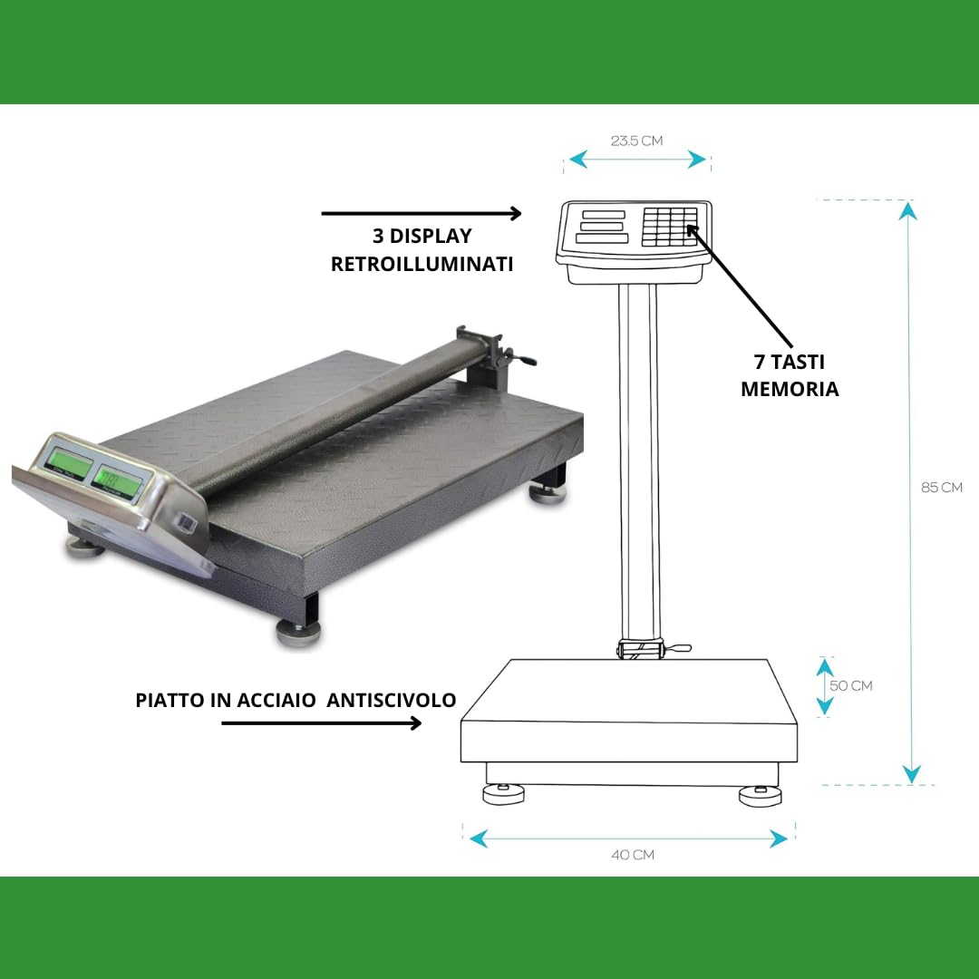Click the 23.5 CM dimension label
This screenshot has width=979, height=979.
click(x=636, y=141)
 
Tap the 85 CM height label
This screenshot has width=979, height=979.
click(x=941, y=487)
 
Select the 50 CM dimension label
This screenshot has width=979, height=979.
click(x=850, y=685)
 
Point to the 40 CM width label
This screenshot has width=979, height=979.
click(x=632, y=855)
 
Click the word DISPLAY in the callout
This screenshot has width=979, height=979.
click(x=431, y=236)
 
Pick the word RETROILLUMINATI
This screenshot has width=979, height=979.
click(x=422, y=265)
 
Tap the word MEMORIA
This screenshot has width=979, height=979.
click(x=789, y=389)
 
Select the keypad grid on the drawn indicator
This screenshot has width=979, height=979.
click(x=669, y=226)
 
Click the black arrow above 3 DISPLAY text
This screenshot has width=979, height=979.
click(x=422, y=214)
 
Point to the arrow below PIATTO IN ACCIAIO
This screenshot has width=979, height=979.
click(x=322, y=722)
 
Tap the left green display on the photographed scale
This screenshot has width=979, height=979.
click(x=69, y=463)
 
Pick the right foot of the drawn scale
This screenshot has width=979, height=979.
click(x=759, y=796)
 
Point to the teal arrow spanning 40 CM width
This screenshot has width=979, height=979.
click(x=628, y=839)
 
